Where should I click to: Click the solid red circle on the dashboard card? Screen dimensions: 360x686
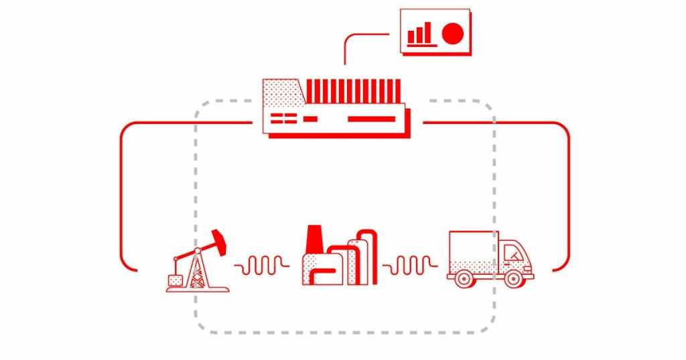tap(454, 33)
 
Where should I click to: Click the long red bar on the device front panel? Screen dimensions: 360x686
tap(372, 119)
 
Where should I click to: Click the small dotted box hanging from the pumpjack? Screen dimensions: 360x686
tap(176, 278)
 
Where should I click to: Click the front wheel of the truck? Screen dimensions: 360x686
tap(512, 278)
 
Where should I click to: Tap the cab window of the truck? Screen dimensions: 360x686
tap(512, 253)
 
